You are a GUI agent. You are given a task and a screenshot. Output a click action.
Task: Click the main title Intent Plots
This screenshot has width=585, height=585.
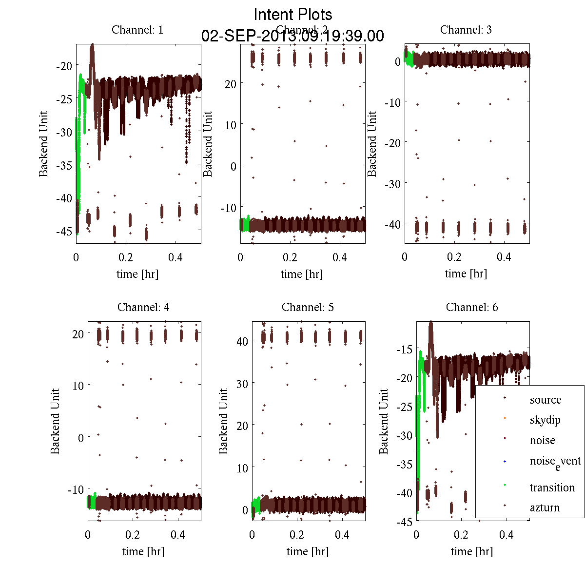pyautogui.click(x=293, y=14)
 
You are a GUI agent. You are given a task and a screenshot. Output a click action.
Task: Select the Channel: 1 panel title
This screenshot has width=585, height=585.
pyautogui.click(x=137, y=30)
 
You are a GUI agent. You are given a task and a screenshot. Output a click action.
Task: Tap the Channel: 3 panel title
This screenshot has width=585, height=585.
pyautogui.click(x=466, y=30)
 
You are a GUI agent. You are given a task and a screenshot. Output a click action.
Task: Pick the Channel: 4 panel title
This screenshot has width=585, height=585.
pyautogui.click(x=143, y=307)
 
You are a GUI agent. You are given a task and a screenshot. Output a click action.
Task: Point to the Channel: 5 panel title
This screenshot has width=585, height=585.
pyautogui.click(x=308, y=307)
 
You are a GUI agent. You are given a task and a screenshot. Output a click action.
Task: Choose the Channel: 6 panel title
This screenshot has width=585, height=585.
pyautogui.click(x=472, y=307)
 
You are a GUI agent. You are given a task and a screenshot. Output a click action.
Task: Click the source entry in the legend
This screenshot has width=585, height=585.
pyautogui.click(x=546, y=400)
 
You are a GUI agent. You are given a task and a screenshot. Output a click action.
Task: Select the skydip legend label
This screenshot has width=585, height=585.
pyautogui.click(x=545, y=420)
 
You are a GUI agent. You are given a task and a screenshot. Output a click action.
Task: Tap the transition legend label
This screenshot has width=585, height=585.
pyautogui.click(x=552, y=487)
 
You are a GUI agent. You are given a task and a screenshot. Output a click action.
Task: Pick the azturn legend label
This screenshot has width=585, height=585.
pyautogui.click(x=545, y=507)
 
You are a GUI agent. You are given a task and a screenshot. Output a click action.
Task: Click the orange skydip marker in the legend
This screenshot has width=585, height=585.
pyautogui.click(x=505, y=418)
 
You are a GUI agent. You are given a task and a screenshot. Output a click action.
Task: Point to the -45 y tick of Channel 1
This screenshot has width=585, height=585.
pyautogui.click(x=64, y=231)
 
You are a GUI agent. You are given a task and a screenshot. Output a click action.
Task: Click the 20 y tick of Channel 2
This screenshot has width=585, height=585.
pyautogui.click(x=230, y=84)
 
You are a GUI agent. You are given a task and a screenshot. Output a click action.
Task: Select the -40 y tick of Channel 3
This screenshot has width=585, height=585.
pyautogui.click(x=392, y=224)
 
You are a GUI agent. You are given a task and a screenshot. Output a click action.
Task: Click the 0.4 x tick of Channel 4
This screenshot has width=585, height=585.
pyautogui.click(x=178, y=535)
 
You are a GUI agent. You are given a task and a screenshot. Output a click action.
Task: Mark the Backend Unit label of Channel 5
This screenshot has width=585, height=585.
pyautogui.click(x=223, y=422)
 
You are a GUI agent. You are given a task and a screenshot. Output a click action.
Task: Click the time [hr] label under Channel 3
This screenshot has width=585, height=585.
pyautogui.click(x=466, y=274)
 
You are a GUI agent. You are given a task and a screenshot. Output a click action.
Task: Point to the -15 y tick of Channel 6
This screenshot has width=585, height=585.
pyautogui.click(x=404, y=350)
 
